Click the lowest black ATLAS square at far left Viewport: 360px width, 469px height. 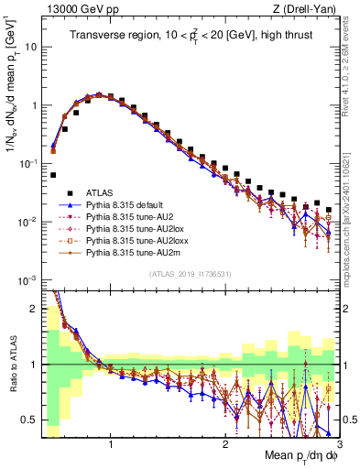point(53,174)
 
